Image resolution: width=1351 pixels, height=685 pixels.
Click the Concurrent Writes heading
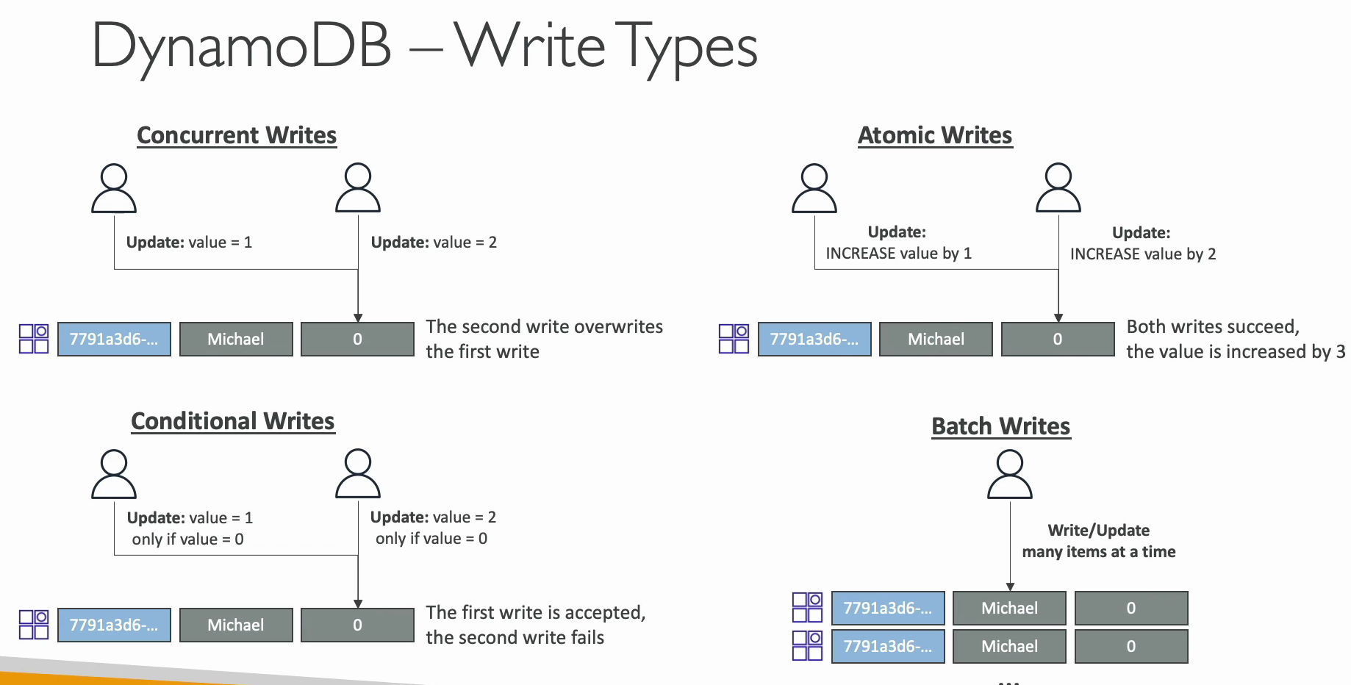tap(237, 135)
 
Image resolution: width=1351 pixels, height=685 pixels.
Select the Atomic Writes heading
tap(935, 135)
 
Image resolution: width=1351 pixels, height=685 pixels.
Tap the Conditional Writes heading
tap(233, 421)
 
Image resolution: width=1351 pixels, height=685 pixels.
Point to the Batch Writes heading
tap(1001, 426)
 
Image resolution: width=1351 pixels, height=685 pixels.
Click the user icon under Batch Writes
tap(1010, 475)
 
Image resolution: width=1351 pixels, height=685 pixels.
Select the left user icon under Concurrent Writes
tap(114, 188)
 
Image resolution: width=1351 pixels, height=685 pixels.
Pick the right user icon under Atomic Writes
tap(1058, 188)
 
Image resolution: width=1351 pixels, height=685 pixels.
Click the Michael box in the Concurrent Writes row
tap(236, 339)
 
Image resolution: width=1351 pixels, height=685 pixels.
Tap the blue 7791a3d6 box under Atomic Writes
tap(814, 339)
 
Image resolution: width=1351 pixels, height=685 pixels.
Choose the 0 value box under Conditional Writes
tap(357, 625)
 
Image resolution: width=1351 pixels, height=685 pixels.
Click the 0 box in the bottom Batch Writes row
tap(1131, 646)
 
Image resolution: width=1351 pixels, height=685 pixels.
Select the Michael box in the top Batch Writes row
tap(1009, 608)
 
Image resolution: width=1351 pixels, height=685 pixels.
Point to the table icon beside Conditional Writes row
tap(34, 625)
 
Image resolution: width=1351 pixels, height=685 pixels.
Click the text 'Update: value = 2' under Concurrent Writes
tap(434, 243)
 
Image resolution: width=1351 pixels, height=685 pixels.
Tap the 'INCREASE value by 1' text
tap(898, 254)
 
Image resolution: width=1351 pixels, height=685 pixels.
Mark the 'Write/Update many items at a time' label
tap(1099, 541)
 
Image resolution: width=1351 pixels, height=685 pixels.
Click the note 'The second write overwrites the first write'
tap(545, 339)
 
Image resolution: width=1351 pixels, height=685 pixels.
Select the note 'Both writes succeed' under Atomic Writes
tap(1213, 326)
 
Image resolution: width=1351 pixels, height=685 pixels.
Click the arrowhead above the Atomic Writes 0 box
tap(1058, 318)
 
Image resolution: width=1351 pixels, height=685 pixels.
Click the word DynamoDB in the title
tap(241, 46)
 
